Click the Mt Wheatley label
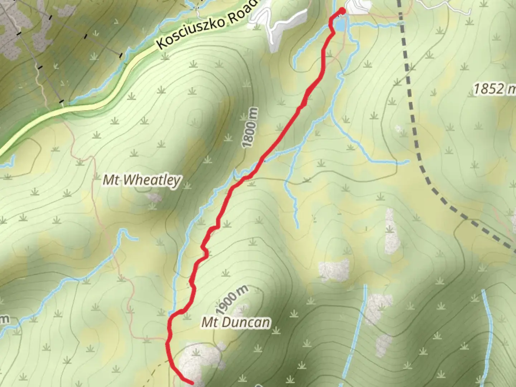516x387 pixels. (142, 180)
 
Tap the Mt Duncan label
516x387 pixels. (235, 322)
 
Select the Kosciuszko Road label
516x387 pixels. (207, 25)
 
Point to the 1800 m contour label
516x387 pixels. (250, 128)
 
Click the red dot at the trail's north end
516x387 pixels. (342, 11)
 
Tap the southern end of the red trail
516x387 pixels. (192, 383)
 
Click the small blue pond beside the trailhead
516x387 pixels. (340, 25)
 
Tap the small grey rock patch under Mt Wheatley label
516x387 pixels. (155, 197)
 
